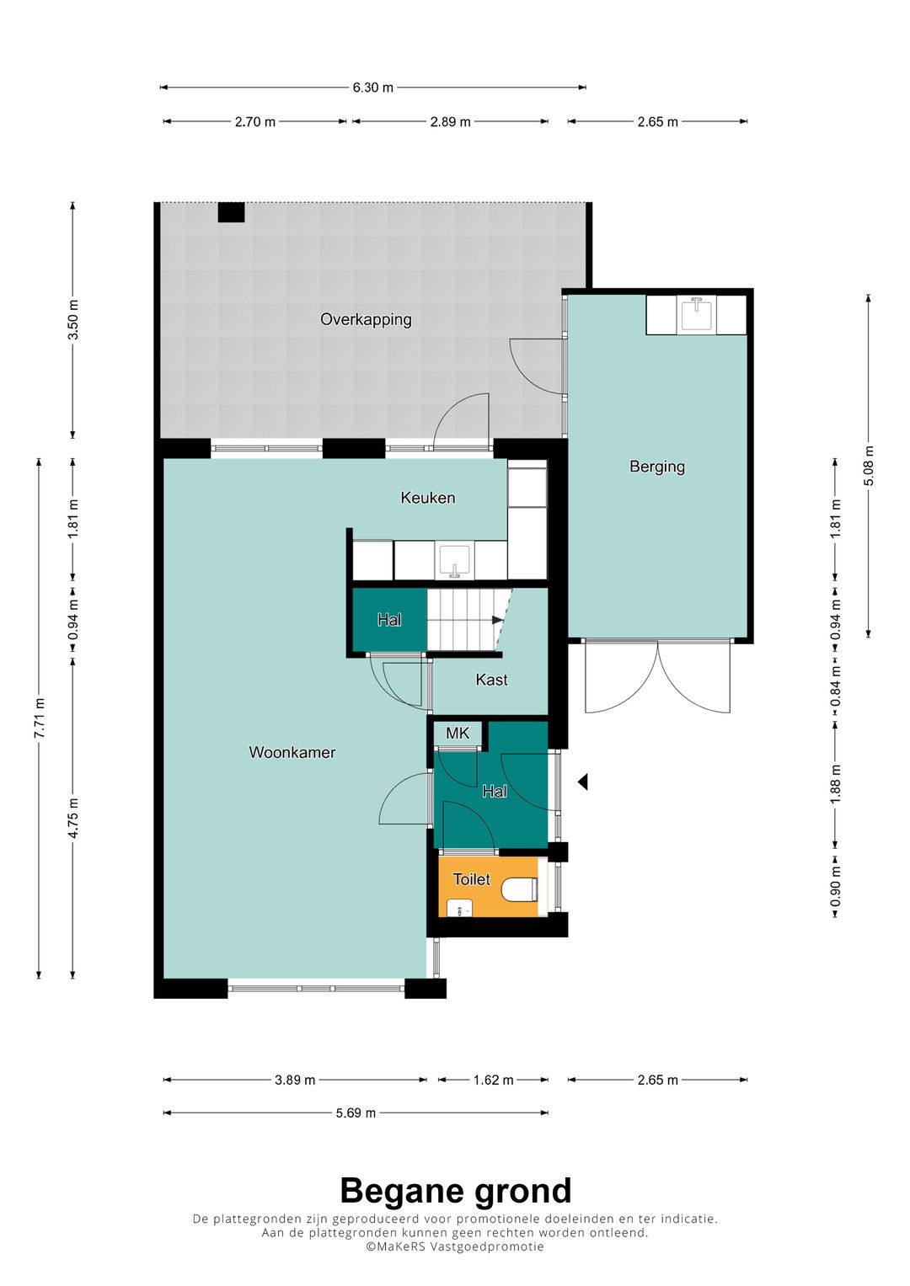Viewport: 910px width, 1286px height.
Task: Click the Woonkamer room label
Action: coord(292,752)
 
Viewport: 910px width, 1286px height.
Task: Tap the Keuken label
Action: coord(428,498)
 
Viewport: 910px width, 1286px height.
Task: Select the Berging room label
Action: coord(657,467)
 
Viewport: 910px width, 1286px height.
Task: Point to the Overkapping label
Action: coord(366,320)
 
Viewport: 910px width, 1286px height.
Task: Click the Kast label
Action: coord(492,680)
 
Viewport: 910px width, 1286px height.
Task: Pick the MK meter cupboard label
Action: coord(458,734)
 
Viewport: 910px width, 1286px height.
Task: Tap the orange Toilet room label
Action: coord(472,879)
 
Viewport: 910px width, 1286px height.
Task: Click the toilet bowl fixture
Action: coord(520,890)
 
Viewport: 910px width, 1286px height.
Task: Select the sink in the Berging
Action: coord(697,314)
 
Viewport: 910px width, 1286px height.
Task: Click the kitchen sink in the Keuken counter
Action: coord(455,561)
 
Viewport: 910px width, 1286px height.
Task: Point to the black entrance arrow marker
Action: coord(582,782)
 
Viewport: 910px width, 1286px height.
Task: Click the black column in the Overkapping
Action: coord(231,212)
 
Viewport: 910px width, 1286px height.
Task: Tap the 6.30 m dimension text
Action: coord(372,88)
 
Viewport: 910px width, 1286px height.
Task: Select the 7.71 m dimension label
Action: coord(39,718)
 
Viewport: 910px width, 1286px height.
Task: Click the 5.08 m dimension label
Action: coord(868,466)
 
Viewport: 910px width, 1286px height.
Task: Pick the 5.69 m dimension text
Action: coord(356,1113)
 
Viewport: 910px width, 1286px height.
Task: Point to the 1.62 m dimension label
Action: coord(493,1080)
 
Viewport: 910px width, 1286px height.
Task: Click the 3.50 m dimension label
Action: coord(73,320)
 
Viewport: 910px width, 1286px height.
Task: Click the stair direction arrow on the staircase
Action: coord(497,620)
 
